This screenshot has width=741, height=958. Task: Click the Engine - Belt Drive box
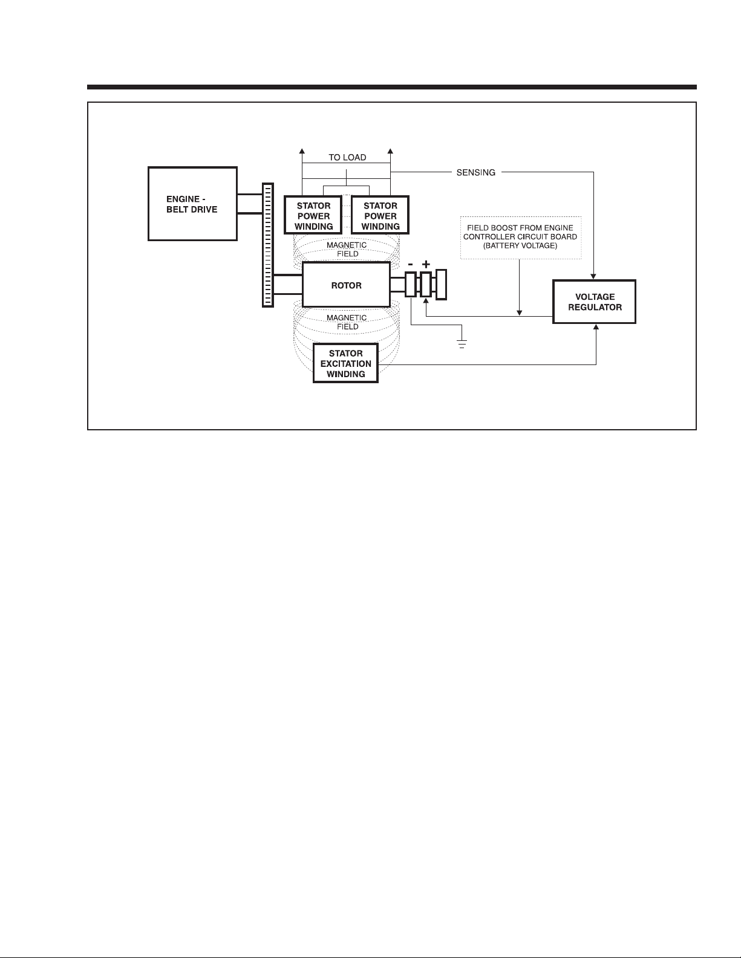[x=192, y=204]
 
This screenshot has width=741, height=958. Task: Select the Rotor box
[x=346, y=285]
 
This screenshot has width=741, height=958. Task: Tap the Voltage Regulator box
[x=595, y=302]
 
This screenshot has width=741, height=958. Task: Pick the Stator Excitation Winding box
[x=345, y=363]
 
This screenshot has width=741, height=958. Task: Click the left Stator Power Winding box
[x=313, y=216]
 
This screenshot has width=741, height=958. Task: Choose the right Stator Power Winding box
[x=380, y=216]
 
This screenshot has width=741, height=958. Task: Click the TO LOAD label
[x=347, y=158]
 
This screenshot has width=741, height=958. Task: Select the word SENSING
[x=475, y=173]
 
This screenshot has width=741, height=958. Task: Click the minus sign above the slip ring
[x=411, y=265]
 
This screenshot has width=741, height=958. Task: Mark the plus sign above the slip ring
[x=426, y=265]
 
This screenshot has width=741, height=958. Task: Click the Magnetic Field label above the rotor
[x=347, y=250]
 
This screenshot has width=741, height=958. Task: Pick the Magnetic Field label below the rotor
[x=347, y=322]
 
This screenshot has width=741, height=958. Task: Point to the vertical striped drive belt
[x=267, y=245]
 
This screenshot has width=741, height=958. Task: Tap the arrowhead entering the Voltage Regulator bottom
[x=596, y=327]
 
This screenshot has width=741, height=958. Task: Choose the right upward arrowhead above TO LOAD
[x=391, y=151]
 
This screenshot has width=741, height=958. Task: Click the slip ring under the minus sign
[x=411, y=285]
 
